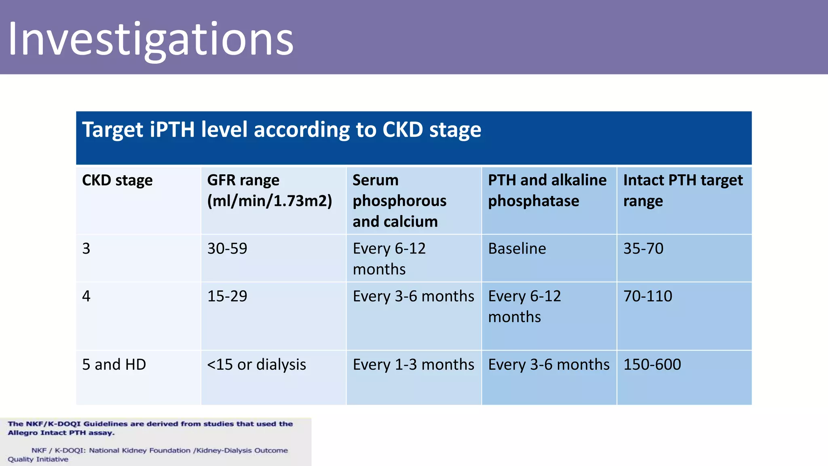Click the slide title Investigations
pos(150,40)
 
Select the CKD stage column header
pos(117,180)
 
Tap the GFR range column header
pos(269,190)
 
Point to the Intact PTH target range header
pos(682,190)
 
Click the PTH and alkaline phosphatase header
pos(547,190)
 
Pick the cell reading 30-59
pos(227,248)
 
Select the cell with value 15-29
pos(227,296)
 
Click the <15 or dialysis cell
pos(256,364)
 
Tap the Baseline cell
pos(517,248)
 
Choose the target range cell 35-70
pos(643,248)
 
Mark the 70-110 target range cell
pos(648,296)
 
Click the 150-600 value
pos(652,364)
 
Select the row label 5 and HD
pos(114,364)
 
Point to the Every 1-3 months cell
pos(413,364)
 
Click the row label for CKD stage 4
pos(87,296)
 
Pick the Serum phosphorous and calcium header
pos(399,201)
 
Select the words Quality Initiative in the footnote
pos(38,460)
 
